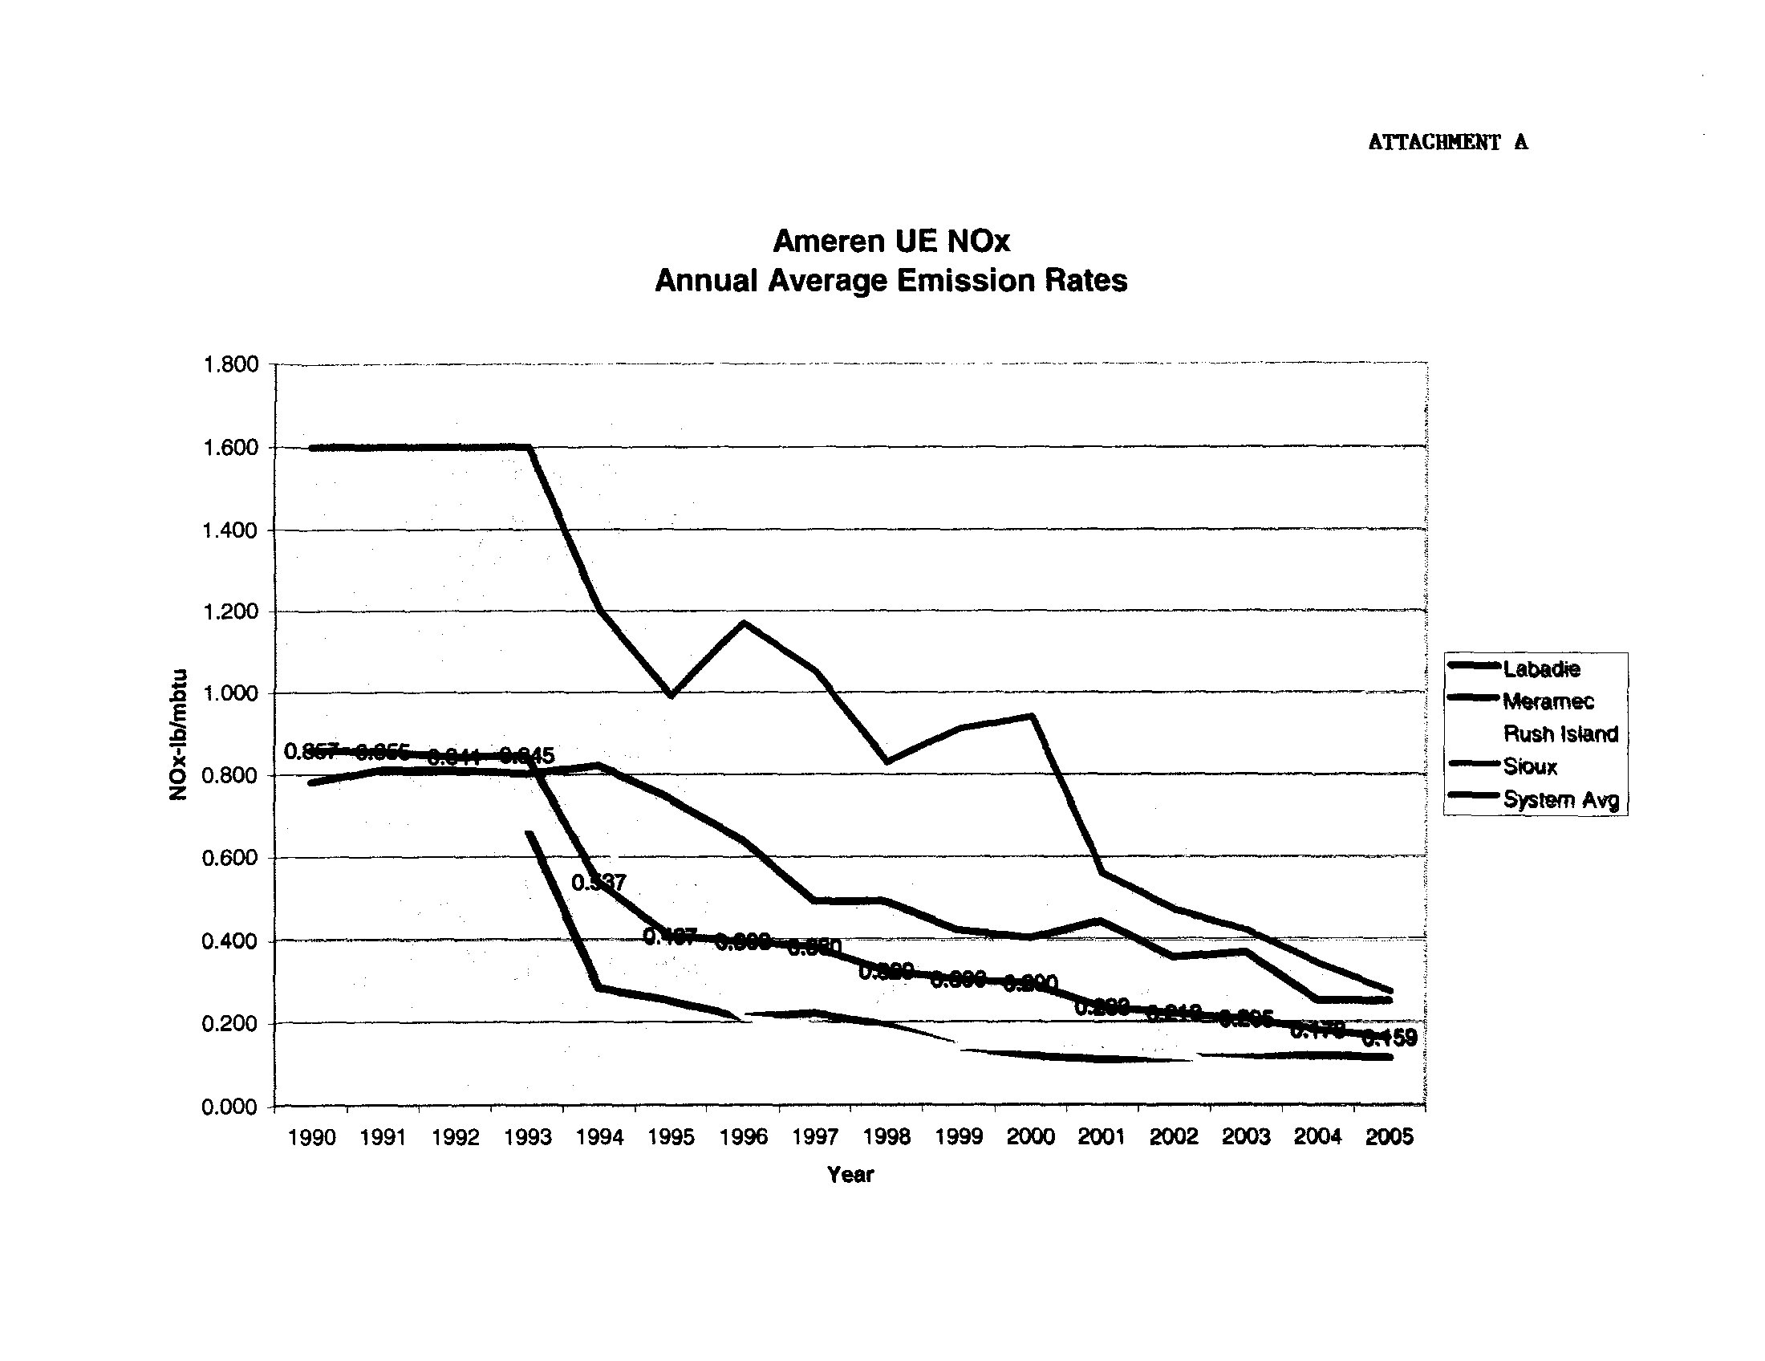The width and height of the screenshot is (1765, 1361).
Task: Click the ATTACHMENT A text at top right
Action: point(1447,142)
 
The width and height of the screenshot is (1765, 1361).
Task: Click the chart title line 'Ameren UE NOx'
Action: point(891,241)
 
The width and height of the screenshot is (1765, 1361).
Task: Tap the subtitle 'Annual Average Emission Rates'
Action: point(891,280)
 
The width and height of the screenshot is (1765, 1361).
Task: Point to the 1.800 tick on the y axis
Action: point(230,364)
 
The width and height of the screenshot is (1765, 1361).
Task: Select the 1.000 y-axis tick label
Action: point(230,693)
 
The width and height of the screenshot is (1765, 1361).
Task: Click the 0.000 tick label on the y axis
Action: point(230,1107)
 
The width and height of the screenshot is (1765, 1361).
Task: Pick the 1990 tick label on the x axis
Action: point(312,1137)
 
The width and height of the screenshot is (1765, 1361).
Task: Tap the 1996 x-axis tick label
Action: point(743,1137)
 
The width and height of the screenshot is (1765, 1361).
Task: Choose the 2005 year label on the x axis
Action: point(1390,1137)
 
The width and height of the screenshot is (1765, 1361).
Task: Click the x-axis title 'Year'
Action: point(850,1174)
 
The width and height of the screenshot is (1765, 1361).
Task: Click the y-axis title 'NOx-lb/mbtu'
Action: point(178,734)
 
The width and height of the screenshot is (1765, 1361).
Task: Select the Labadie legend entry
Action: point(1541,668)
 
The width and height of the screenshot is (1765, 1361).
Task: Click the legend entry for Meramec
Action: point(1548,701)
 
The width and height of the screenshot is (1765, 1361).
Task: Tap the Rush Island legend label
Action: point(1560,733)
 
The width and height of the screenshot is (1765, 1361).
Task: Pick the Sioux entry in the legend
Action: point(1530,766)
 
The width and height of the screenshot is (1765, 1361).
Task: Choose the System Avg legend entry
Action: point(1560,799)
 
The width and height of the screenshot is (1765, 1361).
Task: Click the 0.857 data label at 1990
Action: point(310,752)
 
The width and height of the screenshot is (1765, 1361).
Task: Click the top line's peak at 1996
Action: point(744,622)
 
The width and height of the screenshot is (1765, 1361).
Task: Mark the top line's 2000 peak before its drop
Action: point(1032,715)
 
